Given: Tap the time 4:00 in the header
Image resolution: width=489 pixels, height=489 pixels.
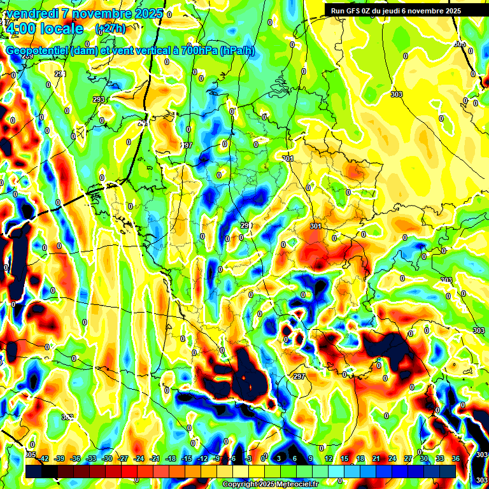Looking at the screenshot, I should [20, 29].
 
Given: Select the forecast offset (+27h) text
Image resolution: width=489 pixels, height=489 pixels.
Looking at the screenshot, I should [110, 29].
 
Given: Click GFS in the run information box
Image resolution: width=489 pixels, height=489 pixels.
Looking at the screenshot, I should [356, 10].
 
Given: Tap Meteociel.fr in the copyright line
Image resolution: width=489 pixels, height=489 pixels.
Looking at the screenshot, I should [292, 485].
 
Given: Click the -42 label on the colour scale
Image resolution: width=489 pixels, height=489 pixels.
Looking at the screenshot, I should [43, 458].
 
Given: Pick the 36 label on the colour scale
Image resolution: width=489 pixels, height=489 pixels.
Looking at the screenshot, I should [455, 458].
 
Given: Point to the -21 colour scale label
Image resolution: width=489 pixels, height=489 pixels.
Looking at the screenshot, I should [155, 458].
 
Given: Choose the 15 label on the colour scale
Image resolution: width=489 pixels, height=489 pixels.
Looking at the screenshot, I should [344, 458].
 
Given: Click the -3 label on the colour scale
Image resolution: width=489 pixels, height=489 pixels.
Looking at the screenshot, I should [249, 458].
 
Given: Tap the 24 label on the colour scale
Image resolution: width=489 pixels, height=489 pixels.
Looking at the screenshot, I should [392, 458].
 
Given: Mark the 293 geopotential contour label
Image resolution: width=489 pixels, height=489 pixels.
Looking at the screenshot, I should [98, 100].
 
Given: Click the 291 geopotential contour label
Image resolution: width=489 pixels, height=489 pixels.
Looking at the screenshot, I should [60, 74].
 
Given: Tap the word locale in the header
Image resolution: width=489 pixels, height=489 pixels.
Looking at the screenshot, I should [62, 29].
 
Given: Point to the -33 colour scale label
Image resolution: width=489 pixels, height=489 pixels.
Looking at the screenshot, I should [91, 458].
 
